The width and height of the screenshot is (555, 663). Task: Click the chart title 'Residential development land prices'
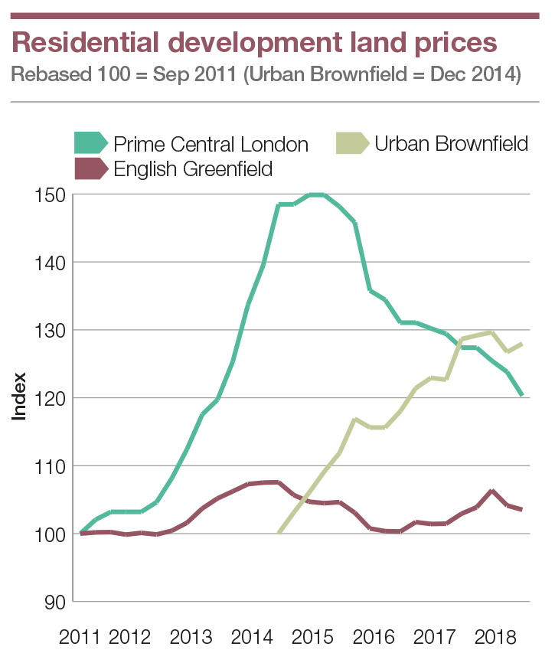pyautogui.click(x=255, y=42)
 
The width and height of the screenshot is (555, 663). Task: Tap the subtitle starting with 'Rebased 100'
pyautogui.click(x=266, y=77)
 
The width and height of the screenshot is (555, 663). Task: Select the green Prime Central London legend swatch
pyautogui.click(x=91, y=143)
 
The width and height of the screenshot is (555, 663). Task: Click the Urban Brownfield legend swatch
pyautogui.click(x=352, y=143)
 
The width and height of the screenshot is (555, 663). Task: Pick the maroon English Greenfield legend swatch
pyautogui.click(x=91, y=168)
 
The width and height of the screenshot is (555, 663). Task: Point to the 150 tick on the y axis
pyautogui.click(x=51, y=194)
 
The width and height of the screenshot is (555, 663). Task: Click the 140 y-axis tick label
pyautogui.click(x=51, y=262)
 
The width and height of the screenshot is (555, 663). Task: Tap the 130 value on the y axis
pyautogui.click(x=51, y=330)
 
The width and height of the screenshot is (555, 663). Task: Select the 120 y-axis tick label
pyautogui.click(x=51, y=398)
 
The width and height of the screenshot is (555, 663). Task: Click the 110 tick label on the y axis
pyautogui.click(x=51, y=465)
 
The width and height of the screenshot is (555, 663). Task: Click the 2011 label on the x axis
pyautogui.click(x=80, y=637)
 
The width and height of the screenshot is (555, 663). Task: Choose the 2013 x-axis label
pyautogui.click(x=191, y=637)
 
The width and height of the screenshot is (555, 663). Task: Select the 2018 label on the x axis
pyautogui.click(x=490, y=637)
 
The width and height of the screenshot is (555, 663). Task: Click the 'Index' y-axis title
pyautogui.click(x=19, y=396)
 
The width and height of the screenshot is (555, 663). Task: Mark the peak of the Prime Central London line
pyautogui.click(x=316, y=194)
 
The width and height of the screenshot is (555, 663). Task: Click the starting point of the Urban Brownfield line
pyautogui.click(x=279, y=533)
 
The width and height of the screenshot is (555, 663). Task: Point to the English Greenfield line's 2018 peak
pyautogui.click(x=492, y=491)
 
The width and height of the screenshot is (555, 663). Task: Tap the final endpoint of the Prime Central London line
pyautogui.click(x=522, y=395)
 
